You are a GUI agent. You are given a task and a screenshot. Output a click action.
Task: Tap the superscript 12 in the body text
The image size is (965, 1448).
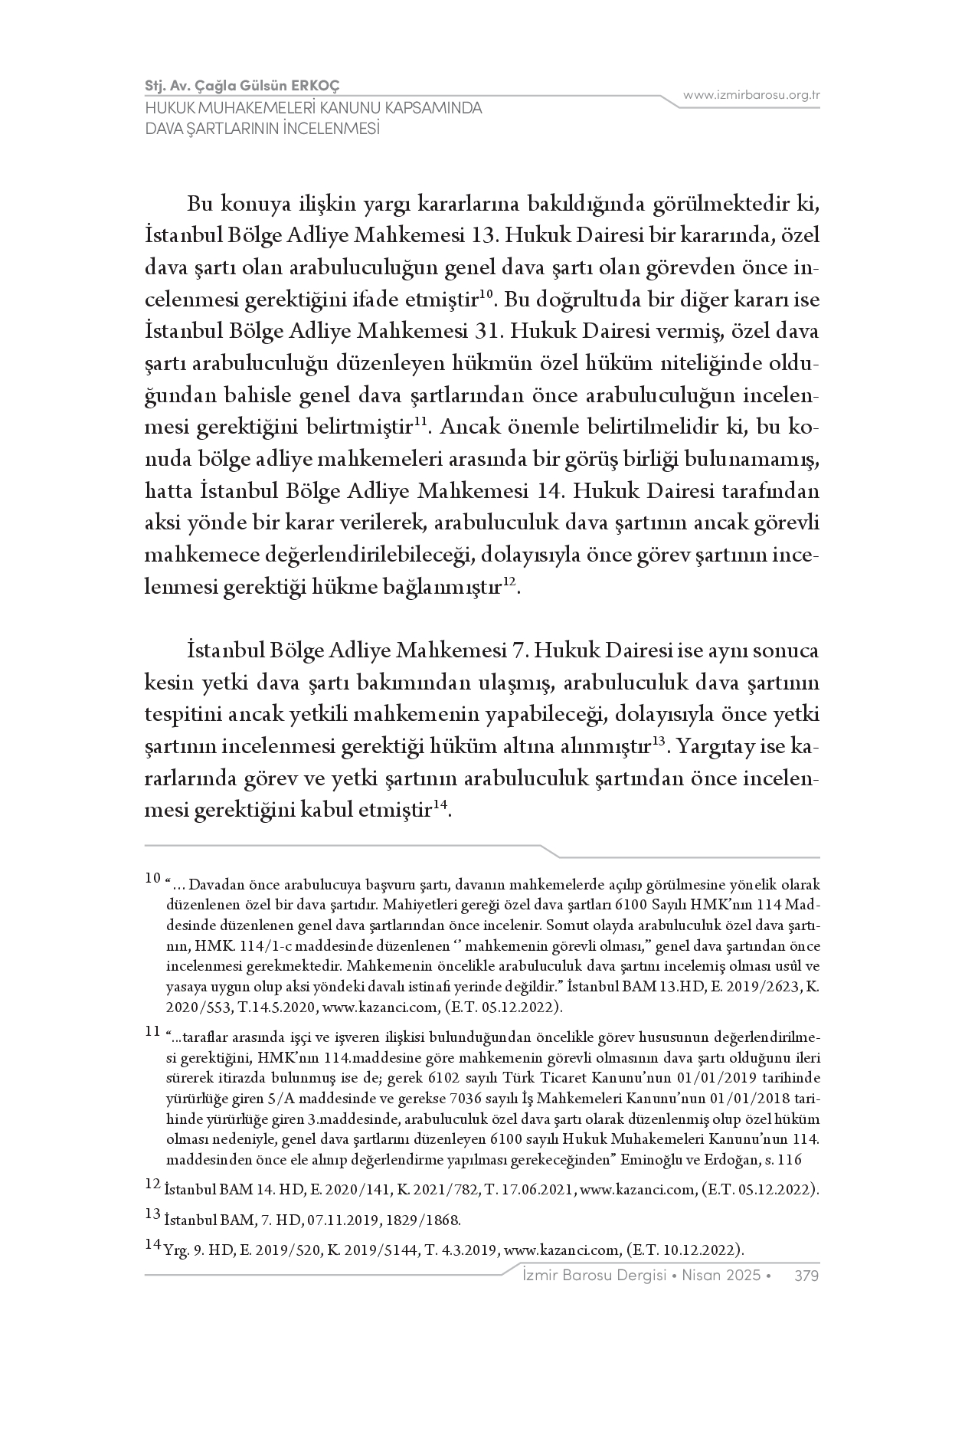(510, 585)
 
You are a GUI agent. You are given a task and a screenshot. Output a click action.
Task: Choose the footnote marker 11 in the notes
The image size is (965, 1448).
(152, 1031)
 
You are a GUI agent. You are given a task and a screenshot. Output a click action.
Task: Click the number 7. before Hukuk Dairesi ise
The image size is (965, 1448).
(518, 650)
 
